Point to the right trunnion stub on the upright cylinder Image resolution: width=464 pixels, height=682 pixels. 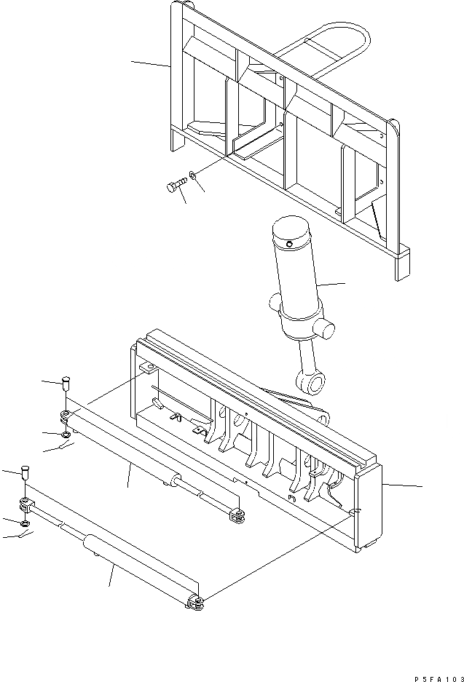tap(326, 329)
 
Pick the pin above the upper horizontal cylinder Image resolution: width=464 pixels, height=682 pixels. tap(66, 381)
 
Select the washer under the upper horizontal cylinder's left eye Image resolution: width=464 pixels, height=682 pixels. tap(67, 435)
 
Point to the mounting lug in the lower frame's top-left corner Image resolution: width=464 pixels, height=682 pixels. tap(146, 370)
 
